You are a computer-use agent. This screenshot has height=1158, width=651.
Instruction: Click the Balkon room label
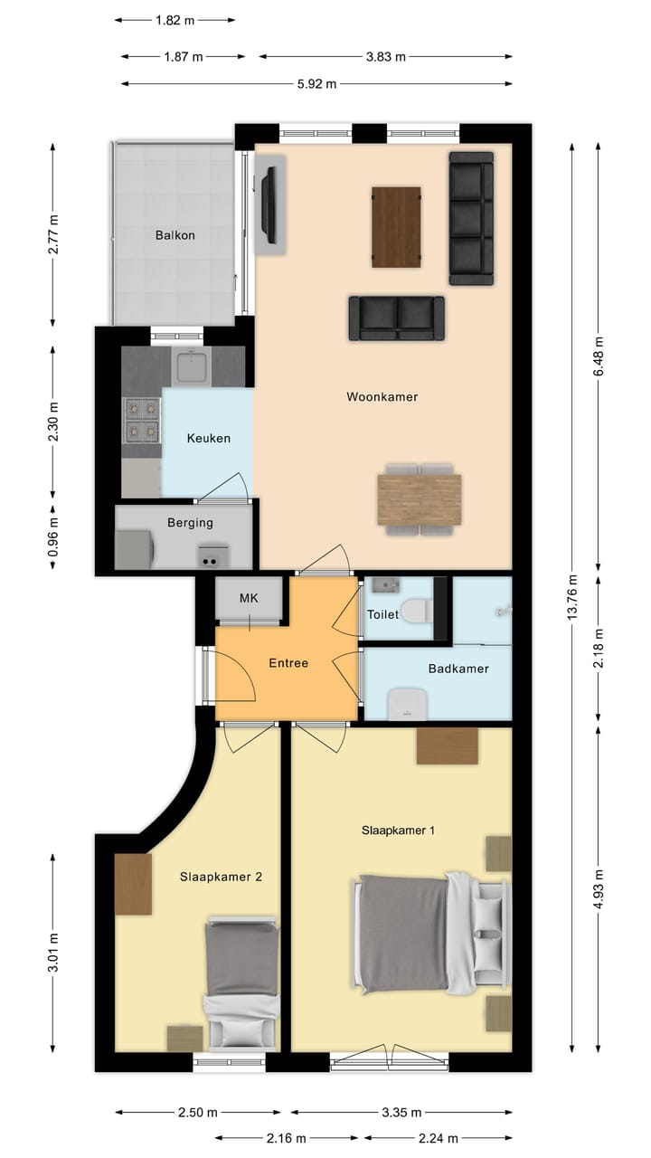[x=175, y=235]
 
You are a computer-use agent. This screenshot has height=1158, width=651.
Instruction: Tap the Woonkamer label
[x=382, y=396]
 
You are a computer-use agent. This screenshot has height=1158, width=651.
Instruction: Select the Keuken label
[x=208, y=439]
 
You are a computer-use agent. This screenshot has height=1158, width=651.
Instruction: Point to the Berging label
[x=190, y=522]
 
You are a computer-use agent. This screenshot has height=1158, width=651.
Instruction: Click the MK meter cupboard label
[x=249, y=598]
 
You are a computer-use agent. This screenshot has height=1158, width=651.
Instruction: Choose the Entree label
[x=288, y=663]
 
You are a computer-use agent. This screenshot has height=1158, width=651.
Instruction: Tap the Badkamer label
[x=458, y=669]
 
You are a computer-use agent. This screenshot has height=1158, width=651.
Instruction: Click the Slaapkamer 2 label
[x=221, y=877]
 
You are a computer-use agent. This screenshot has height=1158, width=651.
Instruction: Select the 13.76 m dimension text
[x=571, y=597]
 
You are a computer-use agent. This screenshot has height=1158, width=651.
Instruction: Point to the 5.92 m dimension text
[x=316, y=84]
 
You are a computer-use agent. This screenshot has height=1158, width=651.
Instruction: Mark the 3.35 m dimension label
[x=401, y=1112]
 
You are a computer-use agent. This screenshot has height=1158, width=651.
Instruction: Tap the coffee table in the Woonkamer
[x=397, y=226]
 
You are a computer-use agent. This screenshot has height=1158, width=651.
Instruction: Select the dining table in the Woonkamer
[x=420, y=499]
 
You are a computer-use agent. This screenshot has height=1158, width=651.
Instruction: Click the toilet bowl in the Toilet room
[x=415, y=612]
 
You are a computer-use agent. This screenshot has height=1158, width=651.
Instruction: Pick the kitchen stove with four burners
[x=141, y=419]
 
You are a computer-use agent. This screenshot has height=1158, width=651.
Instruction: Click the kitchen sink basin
[x=193, y=366]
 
